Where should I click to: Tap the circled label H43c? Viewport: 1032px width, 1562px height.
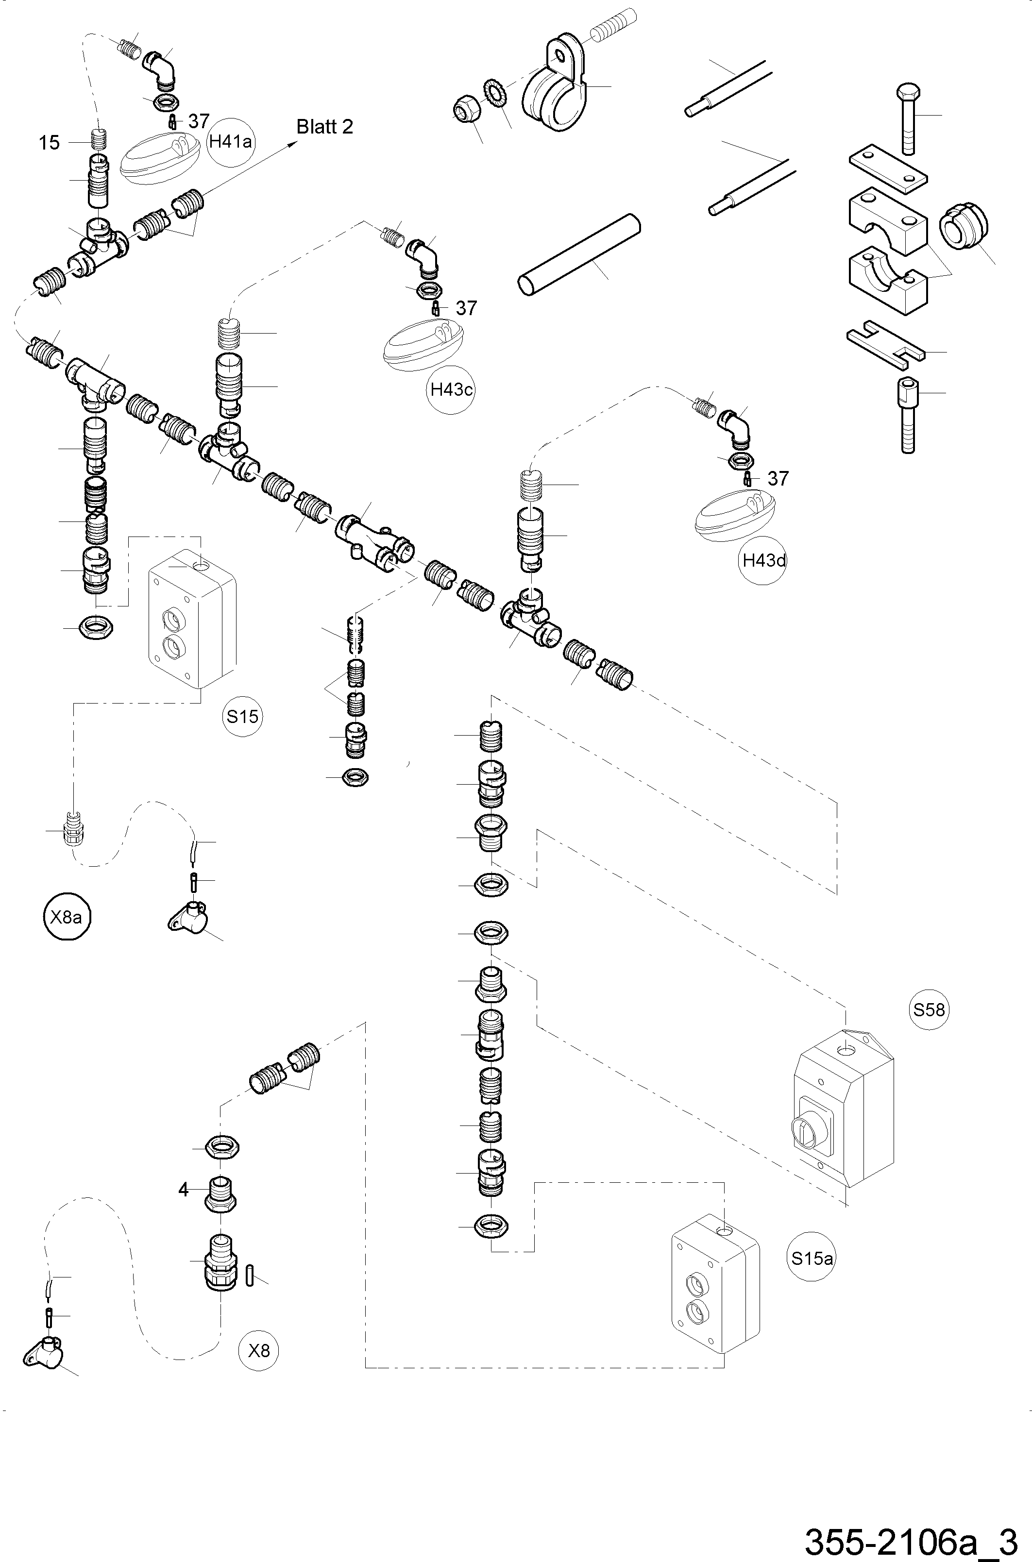[452, 389]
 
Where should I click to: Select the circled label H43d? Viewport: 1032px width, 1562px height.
[763, 561]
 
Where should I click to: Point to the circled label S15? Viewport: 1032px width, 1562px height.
[242, 716]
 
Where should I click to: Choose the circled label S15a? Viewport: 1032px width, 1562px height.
[812, 1258]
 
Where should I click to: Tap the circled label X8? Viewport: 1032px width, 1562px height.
[259, 1351]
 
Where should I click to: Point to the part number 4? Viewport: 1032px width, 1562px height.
[184, 1190]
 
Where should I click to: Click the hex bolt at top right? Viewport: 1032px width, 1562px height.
[908, 118]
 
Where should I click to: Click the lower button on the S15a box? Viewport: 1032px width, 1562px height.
[695, 1312]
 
